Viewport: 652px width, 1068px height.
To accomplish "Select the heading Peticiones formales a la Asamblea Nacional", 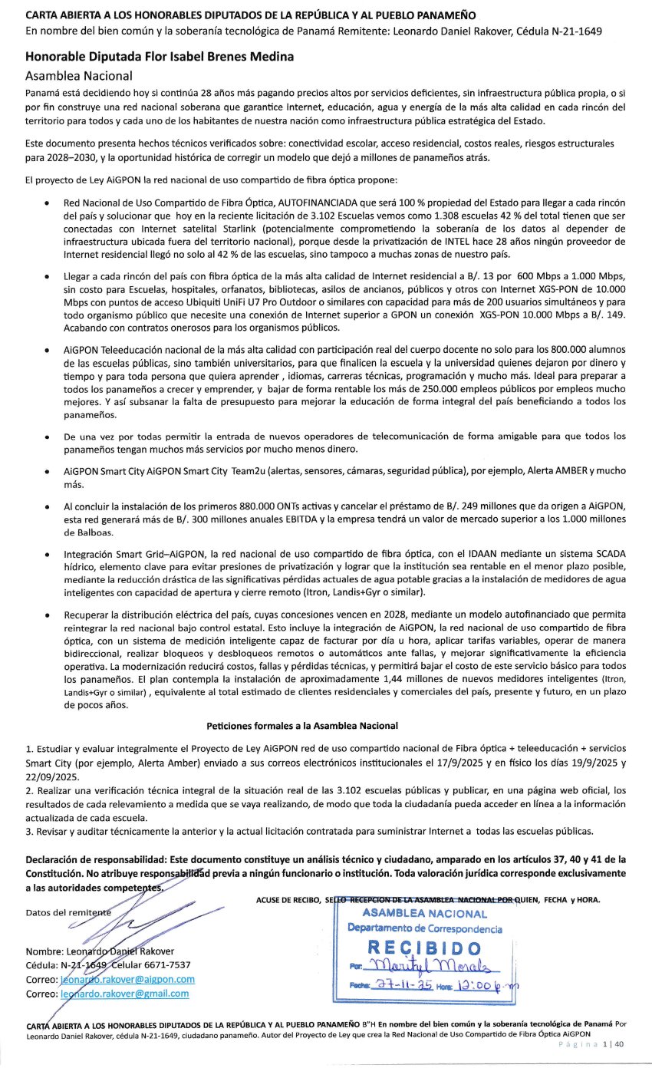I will point(302,725).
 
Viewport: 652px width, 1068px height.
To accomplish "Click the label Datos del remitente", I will point(68,912).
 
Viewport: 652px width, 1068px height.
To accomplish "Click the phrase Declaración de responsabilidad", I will point(107,859).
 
